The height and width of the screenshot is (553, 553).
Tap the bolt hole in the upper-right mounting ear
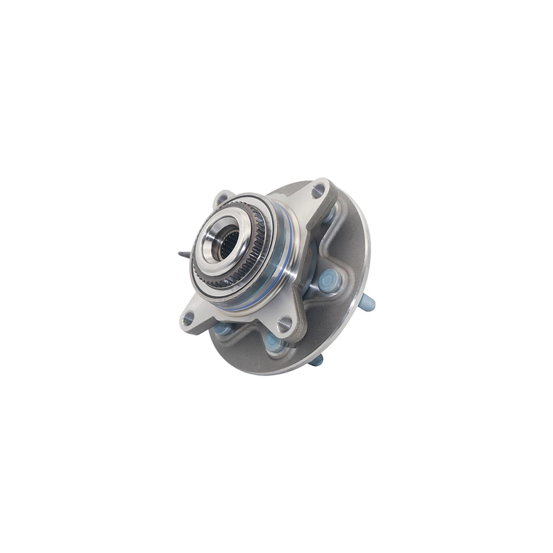coord(318,191)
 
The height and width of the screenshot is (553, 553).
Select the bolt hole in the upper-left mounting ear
coord(221,199)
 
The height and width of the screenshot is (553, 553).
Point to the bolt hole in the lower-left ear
coord(188,318)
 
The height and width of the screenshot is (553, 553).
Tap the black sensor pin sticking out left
coord(183,255)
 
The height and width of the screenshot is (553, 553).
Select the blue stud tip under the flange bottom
coord(317,360)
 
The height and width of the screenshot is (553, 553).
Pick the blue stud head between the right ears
coord(329,279)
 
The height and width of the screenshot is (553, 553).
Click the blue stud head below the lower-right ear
coord(274,342)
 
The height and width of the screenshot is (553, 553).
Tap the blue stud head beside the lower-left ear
coord(223,330)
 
